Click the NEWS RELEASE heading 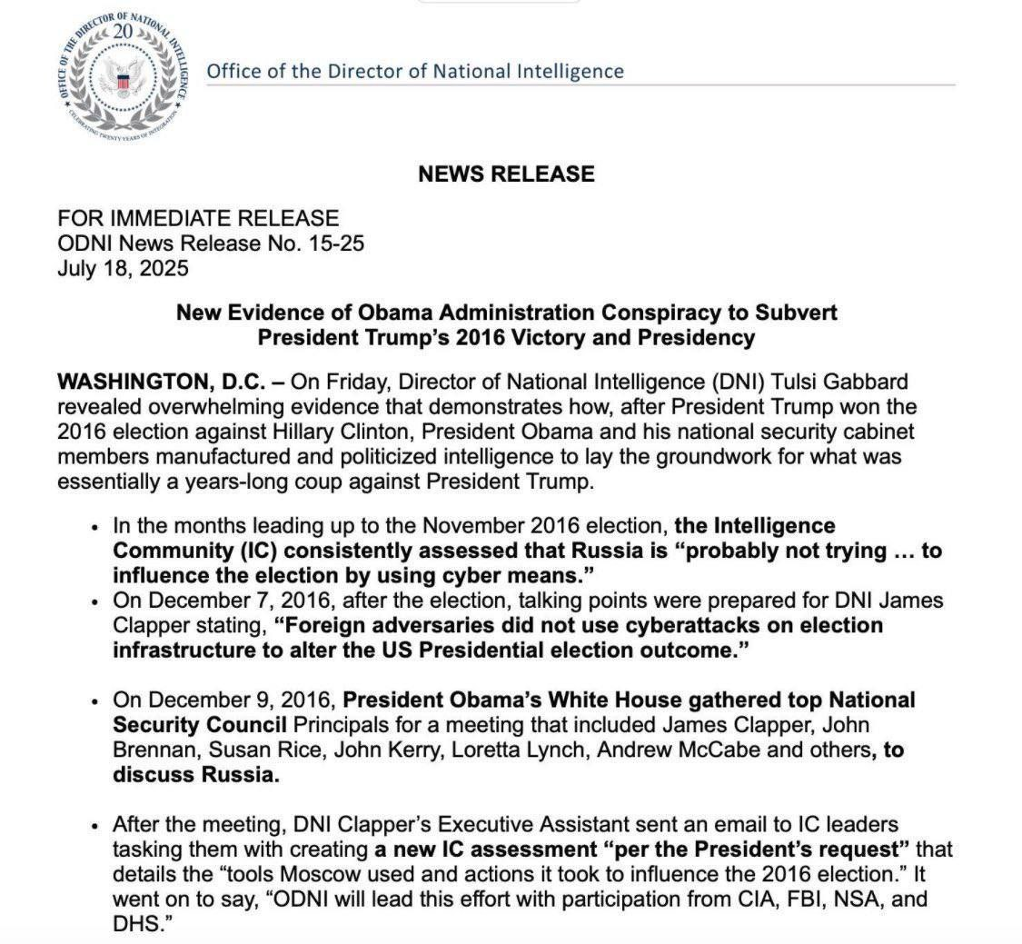coord(506,174)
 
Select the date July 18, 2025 coord(123,268)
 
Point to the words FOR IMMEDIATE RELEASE coord(198,218)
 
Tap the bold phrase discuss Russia coord(194,775)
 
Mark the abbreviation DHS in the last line coord(136,924)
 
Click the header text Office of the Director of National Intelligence coord(415,71)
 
